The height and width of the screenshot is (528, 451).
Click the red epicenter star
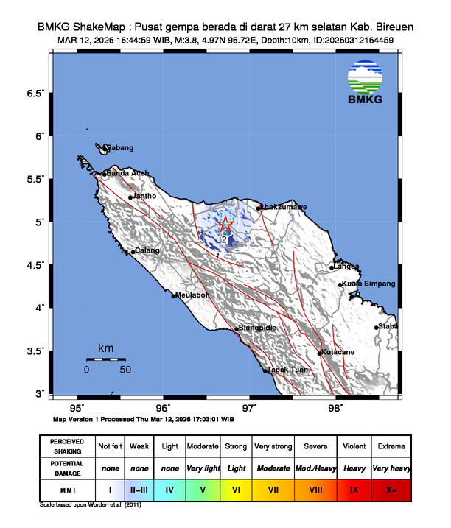tap(226, 224)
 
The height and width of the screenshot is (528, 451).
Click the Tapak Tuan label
tap(287, 370)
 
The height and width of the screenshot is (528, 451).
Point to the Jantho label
tap(144, 196)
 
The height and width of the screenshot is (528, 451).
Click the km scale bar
tap(105, 359)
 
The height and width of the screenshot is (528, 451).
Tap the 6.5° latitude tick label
tap(36, 94)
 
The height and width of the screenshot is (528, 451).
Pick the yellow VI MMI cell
tap(236, 488)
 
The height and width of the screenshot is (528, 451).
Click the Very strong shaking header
tap(273, 446)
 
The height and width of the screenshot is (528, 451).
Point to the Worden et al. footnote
tap(90, 506)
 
